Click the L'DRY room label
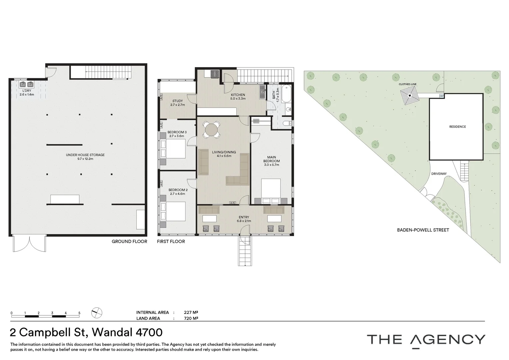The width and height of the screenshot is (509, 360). [x=27, y=91]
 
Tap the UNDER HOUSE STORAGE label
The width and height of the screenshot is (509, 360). [x=85, y=155]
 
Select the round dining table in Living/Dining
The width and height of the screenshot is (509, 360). [x=211, y=130]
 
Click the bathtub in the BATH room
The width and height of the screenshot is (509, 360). [x=286, y=94]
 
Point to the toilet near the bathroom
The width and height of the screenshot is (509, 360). [x=287, y=123]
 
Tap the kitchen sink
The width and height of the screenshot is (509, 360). [x=262, y=92]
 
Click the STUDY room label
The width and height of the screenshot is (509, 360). [x=178, y=101]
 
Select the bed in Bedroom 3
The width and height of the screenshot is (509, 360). [x=173, y=149]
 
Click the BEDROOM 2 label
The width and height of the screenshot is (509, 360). [x=178, y=190]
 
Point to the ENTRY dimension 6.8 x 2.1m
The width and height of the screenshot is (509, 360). [x=244, y=221]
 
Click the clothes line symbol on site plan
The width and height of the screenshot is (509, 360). [x=410, y=96]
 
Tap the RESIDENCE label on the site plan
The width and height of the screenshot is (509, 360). [x=457, y=127]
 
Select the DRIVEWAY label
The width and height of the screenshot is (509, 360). [x=439, y=174]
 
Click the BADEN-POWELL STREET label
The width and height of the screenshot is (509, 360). [x=423, y=230]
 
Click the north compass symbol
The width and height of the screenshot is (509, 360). [x=97, y=313]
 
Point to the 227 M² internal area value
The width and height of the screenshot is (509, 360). [x=191, y=312]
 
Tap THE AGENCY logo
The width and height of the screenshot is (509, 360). [x=426, y=340]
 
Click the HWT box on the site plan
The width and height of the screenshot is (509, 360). [x=441, y=96]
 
